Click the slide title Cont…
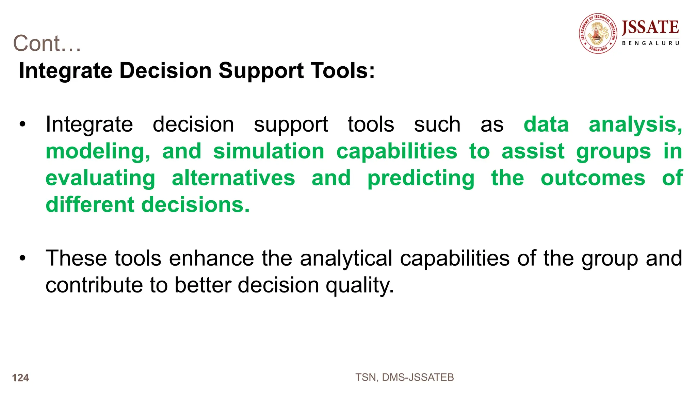(x=47, y=44)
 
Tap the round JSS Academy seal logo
(x=598, y=33)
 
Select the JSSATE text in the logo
(x=650, y=28)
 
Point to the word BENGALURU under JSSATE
(x=650, y=43)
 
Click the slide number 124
(x=20, y=378)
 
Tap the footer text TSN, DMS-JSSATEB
(x=404, y=377)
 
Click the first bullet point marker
(x=22, y=124)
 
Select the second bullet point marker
(x=22, y=258)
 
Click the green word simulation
(x=269, y=151)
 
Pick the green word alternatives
(x=233, y=178)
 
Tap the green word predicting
(x=421, y=178)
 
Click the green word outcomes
(x=593, y=178)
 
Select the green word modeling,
(x=98, y=151)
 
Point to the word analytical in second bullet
(x=346, y=258)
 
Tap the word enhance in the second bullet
(x=211, y=258)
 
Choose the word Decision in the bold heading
(x=165, y=71)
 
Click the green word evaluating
(x=100, y=178)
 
